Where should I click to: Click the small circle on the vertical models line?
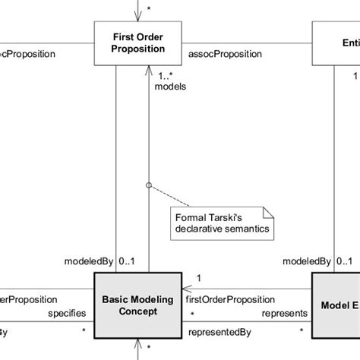tap(149, 184)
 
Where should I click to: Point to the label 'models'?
tap(169, 87)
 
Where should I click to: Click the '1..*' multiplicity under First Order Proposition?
tap(166, 75)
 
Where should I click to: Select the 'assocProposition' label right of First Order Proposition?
tap(224, 54)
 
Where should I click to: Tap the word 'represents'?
tap(284, 312)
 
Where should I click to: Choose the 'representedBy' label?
tap(219, 332)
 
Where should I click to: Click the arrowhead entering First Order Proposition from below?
tap(149, 70)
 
